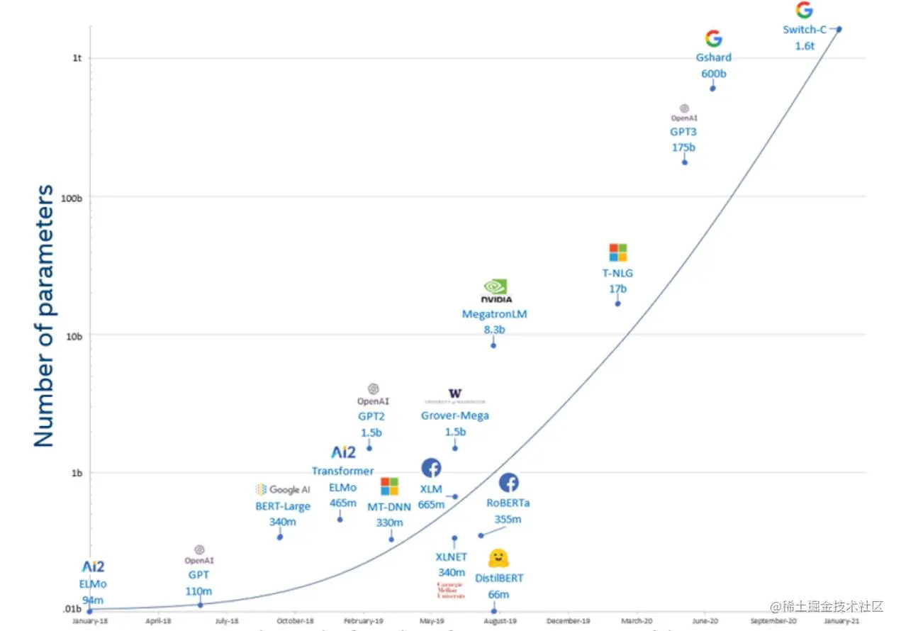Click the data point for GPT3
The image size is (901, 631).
685,162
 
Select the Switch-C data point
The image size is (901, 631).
839,29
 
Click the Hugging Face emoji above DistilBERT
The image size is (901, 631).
498,558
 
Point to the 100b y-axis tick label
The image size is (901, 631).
73,197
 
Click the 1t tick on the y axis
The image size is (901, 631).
77,58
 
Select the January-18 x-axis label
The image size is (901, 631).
89,621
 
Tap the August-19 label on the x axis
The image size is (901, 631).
500,621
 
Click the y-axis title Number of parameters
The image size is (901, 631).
44,316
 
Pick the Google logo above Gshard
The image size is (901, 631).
713,38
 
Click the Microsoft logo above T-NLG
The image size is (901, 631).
618,252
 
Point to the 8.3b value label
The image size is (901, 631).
493,330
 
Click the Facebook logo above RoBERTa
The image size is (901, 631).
508,483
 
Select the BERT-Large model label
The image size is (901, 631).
283,506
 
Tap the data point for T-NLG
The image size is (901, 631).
617,303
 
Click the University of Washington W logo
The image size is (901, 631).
455,394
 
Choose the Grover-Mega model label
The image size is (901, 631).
455,415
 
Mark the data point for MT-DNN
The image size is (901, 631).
391,540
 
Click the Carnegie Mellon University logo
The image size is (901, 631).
451,589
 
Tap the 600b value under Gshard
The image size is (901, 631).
714,74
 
